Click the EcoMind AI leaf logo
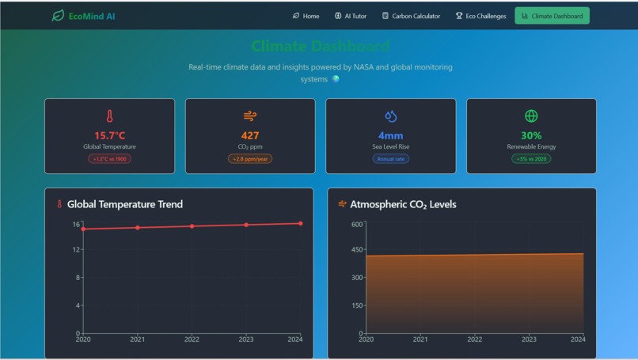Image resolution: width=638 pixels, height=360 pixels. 58,16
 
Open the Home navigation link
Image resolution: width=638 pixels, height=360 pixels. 306,16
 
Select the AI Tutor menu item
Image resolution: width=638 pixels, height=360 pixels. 351,16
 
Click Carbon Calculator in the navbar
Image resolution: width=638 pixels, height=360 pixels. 411,16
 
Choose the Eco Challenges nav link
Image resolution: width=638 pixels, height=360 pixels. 480,16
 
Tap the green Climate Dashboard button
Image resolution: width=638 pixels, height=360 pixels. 552,16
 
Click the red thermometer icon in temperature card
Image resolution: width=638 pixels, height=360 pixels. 109,116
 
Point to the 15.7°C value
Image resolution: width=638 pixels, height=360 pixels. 109,135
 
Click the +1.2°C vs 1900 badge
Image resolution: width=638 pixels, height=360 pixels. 109,159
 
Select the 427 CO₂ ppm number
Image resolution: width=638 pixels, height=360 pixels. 250,135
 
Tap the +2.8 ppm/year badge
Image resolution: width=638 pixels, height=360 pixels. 250,159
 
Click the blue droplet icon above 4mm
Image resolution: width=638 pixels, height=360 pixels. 390,116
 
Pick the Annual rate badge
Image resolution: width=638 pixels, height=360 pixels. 390,159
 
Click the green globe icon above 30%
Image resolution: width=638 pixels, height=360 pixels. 531,116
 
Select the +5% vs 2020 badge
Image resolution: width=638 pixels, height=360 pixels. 531,159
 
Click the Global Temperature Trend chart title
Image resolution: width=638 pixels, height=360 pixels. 124,204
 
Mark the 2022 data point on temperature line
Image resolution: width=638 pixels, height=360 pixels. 192,226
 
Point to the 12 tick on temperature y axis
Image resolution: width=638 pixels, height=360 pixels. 77,249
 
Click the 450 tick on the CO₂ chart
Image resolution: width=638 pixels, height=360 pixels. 356,249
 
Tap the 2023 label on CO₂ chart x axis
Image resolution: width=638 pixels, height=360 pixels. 529,339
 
